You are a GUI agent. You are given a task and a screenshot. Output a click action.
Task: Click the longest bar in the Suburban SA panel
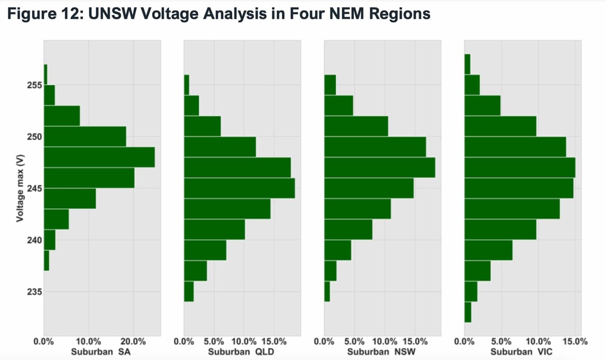(x=99, y=157)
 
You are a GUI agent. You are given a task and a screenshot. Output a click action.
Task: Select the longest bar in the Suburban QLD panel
(x=239, y=188)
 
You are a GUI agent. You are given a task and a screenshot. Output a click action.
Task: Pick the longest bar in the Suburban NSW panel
(x=379, y=167)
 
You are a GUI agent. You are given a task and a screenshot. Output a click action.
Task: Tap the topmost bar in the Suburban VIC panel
(x=467, y=64)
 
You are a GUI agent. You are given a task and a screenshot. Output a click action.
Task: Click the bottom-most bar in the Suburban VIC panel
(x=468, y=312)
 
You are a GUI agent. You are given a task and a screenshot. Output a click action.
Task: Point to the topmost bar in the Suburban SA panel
(x=45, y=75)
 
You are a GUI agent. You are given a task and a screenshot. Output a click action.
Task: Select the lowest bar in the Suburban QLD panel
(x=188, y=291)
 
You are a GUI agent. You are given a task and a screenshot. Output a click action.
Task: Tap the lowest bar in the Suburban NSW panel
(x=327, y=291)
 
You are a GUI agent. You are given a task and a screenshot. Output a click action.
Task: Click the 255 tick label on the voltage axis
(x=34, y=85)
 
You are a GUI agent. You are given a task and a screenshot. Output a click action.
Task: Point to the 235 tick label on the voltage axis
(x=34, y=292)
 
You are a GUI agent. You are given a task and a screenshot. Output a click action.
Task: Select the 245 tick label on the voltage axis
(x=34, y=188)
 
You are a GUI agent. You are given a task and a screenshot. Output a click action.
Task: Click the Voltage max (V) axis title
(x=20, y=188)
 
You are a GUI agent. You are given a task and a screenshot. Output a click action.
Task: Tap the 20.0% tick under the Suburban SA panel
(x=133, y=341)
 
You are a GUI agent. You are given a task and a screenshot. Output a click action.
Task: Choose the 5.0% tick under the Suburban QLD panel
(x=214, y=341)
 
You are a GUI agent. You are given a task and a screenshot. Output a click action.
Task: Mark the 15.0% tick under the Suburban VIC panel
(x=575, y=341)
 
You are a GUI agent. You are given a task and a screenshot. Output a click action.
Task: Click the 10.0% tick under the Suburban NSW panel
(x=385, y=341)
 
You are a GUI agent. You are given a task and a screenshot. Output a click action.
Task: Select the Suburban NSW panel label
(x=381, y=352)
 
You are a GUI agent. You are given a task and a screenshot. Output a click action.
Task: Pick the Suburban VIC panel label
(x=521, y=352)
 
